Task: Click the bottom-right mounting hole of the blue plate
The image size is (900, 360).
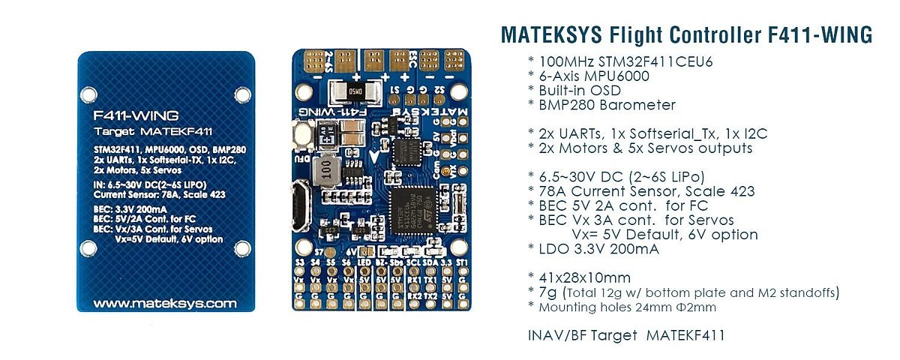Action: (242, 249)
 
